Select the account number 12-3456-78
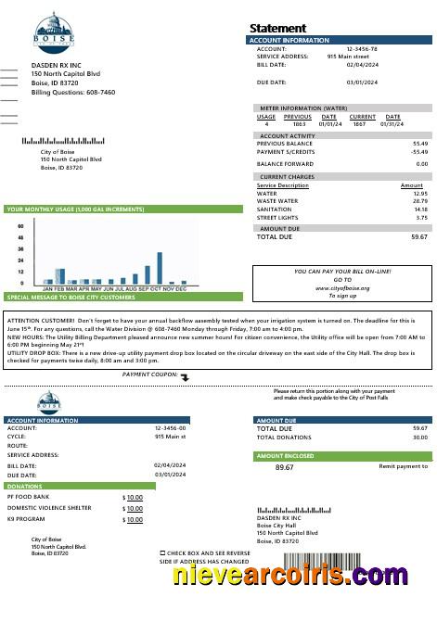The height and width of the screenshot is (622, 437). point(362,48)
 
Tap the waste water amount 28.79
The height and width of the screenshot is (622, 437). point(420,201)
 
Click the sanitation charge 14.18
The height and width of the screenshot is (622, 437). point(421,209)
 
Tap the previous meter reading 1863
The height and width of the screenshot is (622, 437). point(299,124)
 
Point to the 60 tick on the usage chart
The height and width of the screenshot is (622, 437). point(20,226)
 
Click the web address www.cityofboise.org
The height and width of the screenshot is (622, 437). point(342,288)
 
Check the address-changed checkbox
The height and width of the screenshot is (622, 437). point(162,552)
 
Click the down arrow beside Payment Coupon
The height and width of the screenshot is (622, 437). point(185,377)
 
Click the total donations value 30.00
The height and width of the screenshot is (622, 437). point(420,437)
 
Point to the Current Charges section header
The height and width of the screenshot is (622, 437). point(287,177)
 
